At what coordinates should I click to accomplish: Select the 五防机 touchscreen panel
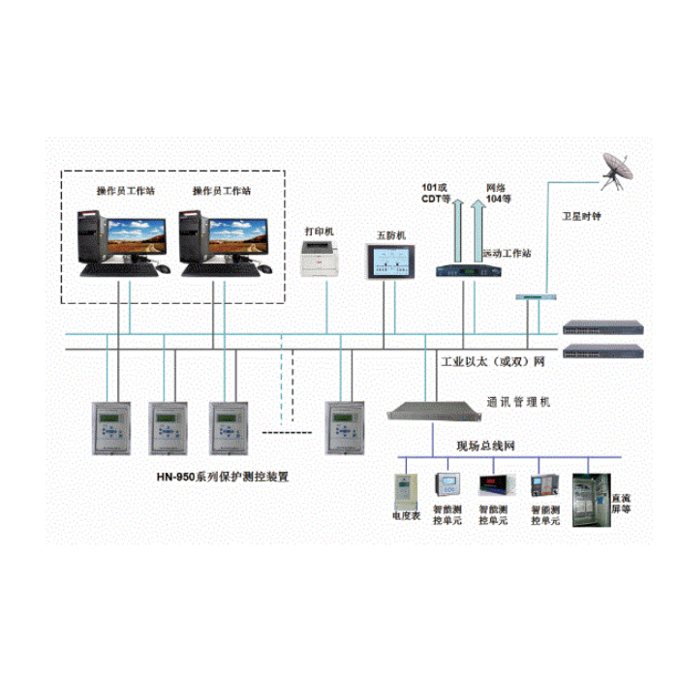coord(391,262)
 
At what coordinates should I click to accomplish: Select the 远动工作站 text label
coord(507,254)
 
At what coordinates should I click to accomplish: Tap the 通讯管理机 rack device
coord(427,412)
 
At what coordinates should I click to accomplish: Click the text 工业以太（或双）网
coord(493,361)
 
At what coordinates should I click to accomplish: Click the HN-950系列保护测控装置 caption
coord(224,477)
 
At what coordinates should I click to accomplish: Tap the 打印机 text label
coord(319,231)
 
